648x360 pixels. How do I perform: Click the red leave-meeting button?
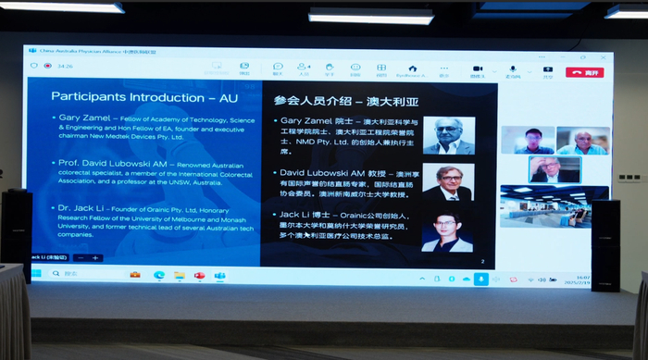pos(585,71)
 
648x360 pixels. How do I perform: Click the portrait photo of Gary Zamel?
pos(448,135)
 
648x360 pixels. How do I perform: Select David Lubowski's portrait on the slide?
pos(447,182)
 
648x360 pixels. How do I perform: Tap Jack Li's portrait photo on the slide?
pos(447,230)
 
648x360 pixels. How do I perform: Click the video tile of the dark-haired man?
pos(528,141)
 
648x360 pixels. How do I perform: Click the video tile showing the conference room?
pos(555,205)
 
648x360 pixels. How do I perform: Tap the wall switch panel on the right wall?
pos(631,176)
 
